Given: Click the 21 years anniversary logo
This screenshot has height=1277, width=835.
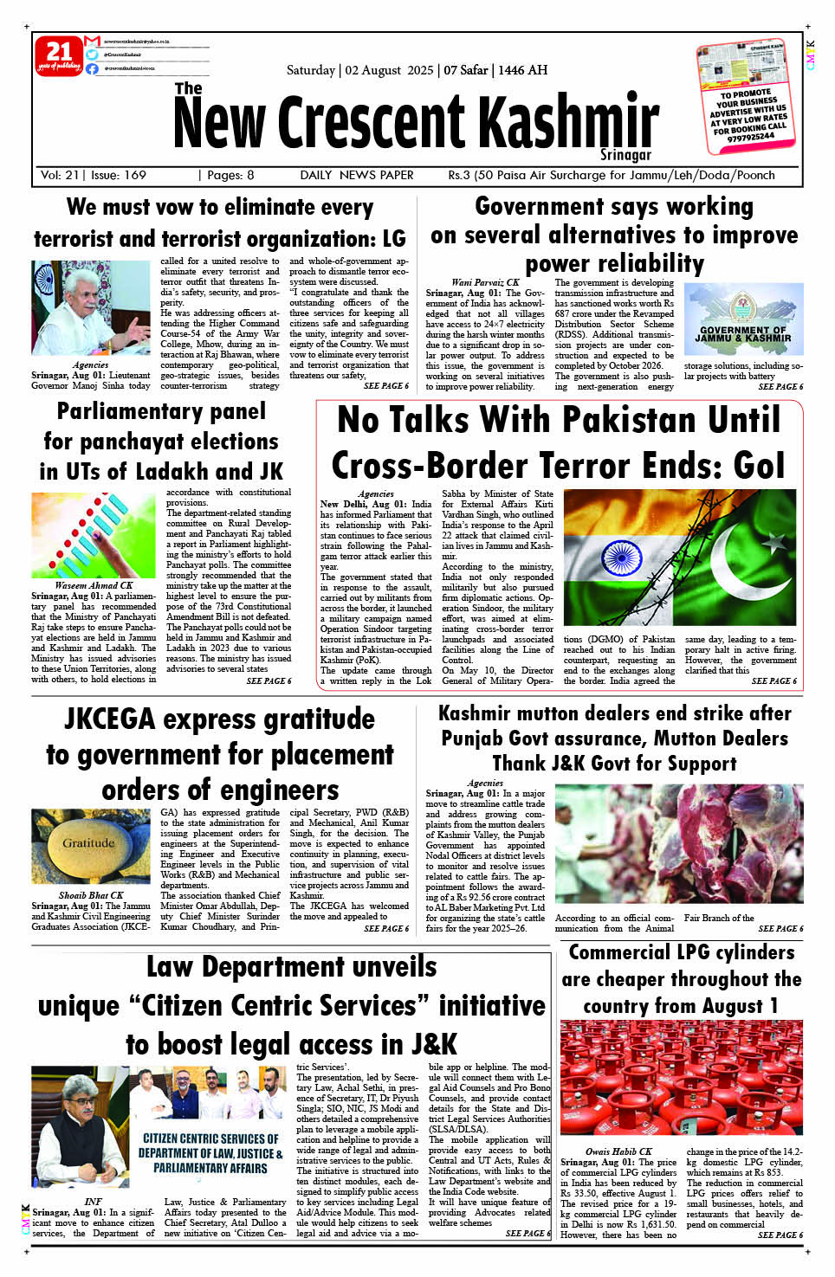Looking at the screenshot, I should point(58,56).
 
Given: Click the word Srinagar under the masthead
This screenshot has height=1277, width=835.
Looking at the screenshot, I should point(625,155).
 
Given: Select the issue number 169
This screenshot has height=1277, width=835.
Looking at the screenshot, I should point(134,175).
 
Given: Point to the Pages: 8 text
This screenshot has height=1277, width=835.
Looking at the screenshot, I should point(230,175).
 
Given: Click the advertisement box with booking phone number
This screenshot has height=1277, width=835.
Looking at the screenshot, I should point(746,94).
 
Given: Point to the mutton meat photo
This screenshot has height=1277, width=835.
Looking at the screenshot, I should point(678,843).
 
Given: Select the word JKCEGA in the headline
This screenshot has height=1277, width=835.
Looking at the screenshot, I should point(110,719).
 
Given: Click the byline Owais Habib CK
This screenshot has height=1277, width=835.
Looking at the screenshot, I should point(618,1151).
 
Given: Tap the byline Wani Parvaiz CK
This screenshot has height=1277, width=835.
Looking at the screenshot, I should point(485,282).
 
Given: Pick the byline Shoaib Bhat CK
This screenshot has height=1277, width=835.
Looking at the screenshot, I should point(91,895).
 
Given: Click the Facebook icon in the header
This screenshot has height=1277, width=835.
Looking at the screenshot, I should point(92,68).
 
